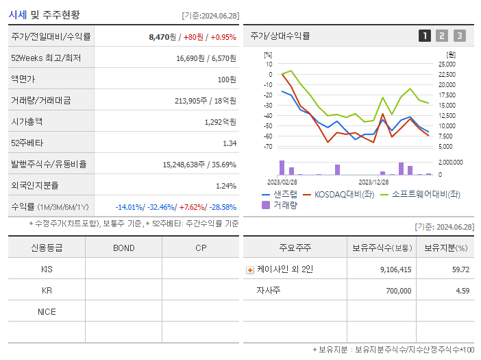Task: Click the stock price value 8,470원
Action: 163,37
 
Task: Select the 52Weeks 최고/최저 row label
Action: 46,58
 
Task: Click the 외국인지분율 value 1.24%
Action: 225,186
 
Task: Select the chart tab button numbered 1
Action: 425,36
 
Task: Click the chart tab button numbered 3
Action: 459,36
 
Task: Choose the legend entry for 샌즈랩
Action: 279,194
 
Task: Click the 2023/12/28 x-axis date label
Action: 373,182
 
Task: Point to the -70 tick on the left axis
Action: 268,147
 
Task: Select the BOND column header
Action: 123,248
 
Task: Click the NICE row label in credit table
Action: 47,311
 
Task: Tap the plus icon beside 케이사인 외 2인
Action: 249,269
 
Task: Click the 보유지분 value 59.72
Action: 460,269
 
